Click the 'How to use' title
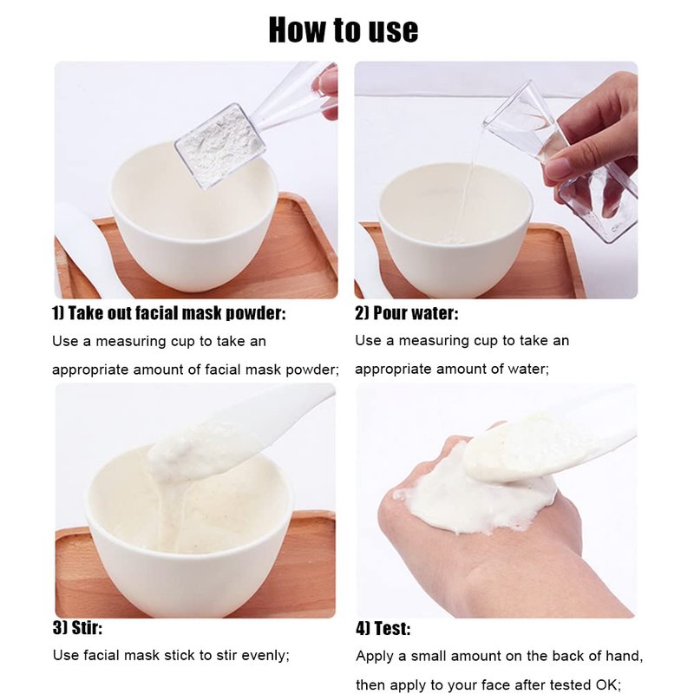[344, 30]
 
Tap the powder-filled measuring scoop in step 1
[220, 146]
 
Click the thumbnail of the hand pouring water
[496, 180]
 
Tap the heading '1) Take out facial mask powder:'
[168, 313]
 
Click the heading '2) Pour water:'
[406, 313]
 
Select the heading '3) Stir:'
[77, 627]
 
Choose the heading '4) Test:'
[383, 628]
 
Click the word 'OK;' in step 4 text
[609, 685]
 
